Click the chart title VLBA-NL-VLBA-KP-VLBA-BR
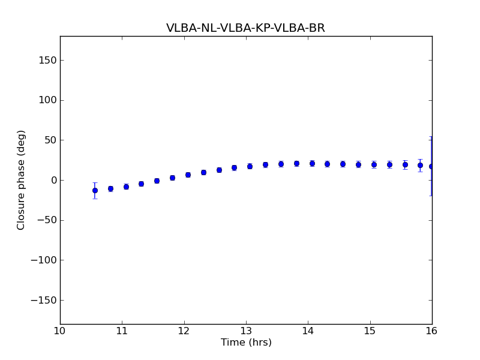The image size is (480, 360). coord(245,28)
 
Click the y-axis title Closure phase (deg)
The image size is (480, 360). coord(22,180)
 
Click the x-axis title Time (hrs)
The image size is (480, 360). coord(246,343)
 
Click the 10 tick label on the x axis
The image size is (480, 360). coord(60,331)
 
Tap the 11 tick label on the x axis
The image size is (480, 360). coord(122,331)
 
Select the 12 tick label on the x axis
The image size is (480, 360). coord(184,331)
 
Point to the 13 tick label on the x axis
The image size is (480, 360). coord(246,331)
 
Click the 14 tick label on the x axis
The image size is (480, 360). coord(308,331)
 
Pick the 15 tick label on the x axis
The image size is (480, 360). coord(370,331)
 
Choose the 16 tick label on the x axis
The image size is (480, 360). coord(432,331)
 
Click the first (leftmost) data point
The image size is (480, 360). coord(95,190)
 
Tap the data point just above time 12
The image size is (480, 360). coord(188,175)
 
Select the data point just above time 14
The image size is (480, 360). coord(312,163)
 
